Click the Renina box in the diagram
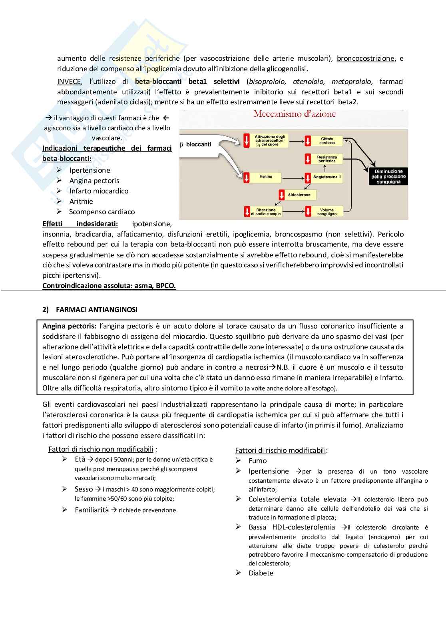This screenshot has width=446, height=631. tap(266, 177)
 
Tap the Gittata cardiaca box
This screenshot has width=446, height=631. tap(327, 141)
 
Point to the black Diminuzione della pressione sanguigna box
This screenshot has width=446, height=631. tap(388, 177)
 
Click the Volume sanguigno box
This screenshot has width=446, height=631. tap(327, 212)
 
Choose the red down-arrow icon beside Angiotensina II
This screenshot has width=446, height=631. tap(308, 177)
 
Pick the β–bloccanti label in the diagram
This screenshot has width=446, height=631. tap(196, 144)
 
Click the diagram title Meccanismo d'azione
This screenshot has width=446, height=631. tap(295, 114)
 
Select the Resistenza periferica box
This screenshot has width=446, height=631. tap(327, 159)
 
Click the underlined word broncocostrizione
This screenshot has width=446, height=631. tap(365, 58)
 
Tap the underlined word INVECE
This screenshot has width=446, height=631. tap(69, 82)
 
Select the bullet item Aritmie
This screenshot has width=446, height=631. tap(81, 201)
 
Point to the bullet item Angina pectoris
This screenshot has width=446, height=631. tap(94, 181)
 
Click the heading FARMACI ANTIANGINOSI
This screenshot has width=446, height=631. tap(97, 310)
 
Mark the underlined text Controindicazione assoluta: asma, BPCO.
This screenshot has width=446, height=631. tap(109, 286)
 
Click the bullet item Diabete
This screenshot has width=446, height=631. tap(261, 573)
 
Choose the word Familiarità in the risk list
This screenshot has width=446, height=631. tap(92, 510)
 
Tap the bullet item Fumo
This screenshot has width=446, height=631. tap(257, 461)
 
